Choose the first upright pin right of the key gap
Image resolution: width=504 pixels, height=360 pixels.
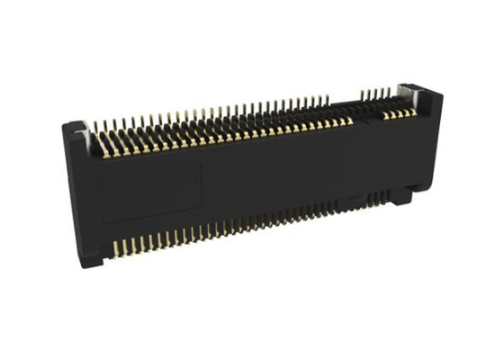click(361, 93)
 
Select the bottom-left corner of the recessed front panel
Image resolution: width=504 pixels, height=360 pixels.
click(101, 220)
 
